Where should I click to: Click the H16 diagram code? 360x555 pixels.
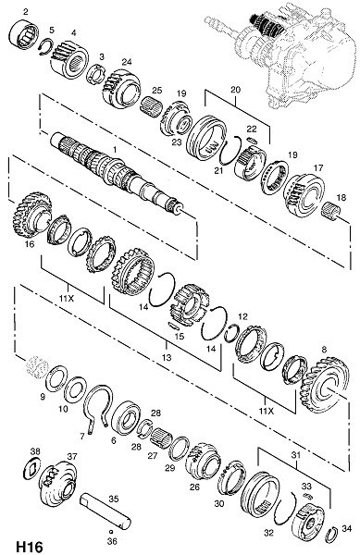pyautogui.click(x=30, y=546)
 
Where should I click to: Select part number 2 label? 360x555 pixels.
pyautogui.click(x=26, y=12)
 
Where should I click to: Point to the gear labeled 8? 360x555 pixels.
pyautogui.click(x=326, y=385)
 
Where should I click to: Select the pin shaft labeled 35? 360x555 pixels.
pyautogui.click(x=106, y=510)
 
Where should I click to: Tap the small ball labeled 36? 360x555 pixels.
pyautogui.click(x=110, y=532)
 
